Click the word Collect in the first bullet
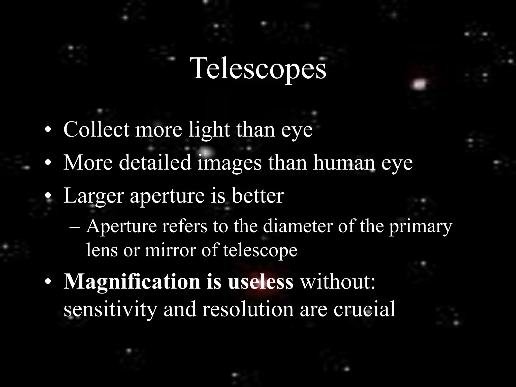[x=96, y=130]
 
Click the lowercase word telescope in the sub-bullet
[x=260, y=250]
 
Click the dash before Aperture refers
[x=74, y=227]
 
